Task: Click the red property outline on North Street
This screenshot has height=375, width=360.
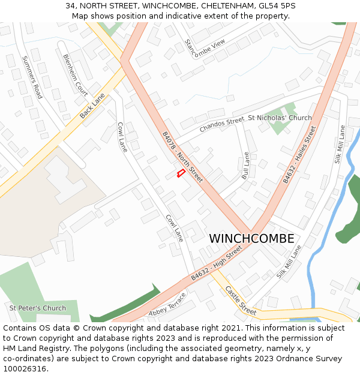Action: [x=179, y=173]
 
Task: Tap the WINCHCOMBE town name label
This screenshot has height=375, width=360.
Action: [x=251, y=239]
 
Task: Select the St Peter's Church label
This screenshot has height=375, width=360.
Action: [x=38, y=308]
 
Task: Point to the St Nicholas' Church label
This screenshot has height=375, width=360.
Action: [x=280, y=118]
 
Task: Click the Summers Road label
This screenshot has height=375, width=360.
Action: [x=32, y=77]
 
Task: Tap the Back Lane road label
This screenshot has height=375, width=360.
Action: [x=92, y=105]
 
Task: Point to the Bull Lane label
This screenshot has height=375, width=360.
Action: [x=245, y=166]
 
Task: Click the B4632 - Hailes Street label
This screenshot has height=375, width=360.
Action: [x=298, y=155]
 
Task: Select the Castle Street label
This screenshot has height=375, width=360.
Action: [x=241, y=300]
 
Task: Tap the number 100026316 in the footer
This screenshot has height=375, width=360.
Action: [x=25, y=369]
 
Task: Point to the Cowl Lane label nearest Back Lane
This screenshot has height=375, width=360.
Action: [x=122, y=137]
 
